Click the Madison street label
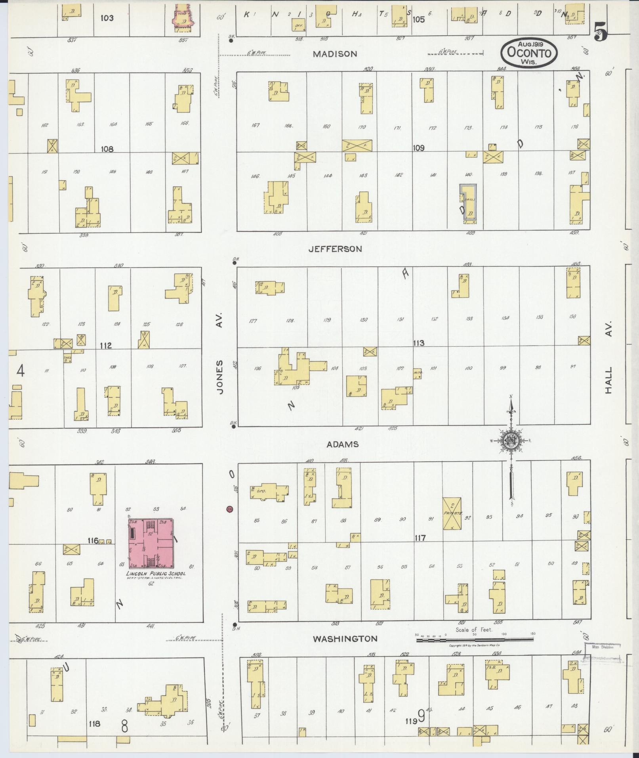point(335,54)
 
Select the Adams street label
point(342,444)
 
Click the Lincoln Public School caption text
point(155,574)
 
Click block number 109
point(419,148)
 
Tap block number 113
point(419,343)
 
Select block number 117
point(420,538)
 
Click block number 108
point(107,149)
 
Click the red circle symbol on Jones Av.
point(229,509)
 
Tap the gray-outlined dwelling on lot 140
point(468,204)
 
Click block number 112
point(106,346)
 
